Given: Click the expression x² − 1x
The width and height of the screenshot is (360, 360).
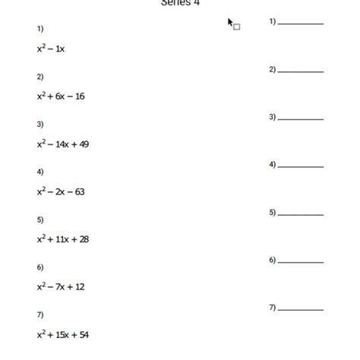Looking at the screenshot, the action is [x=51, y=49].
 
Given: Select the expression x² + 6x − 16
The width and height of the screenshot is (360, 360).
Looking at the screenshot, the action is [x=61, y=96].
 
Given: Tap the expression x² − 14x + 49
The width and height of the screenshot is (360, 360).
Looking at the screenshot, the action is [x=63, y=144].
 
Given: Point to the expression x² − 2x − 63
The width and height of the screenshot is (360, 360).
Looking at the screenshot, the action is [x=61, y=191].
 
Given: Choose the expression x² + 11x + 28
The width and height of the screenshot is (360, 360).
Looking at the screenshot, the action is [x=63, y=238].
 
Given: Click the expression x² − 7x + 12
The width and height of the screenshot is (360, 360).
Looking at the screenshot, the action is [x=61, y=286].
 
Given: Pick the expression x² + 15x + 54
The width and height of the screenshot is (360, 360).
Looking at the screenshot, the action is [x=63, y=334].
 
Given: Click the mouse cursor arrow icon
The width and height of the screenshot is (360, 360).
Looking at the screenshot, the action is [x=230, y=22].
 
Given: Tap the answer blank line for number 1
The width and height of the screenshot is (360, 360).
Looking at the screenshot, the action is [x=301, y=24].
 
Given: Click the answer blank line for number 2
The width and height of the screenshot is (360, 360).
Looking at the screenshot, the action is [x=301, y=71].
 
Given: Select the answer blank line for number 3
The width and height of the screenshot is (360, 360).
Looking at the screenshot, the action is [x=301, y=119].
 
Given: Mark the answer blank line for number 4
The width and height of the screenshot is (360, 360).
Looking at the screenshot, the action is [x=301, y=166].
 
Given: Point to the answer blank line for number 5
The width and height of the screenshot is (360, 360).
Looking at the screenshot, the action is [x=301, y=214].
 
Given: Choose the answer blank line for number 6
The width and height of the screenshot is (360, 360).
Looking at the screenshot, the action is [x=301, y=262].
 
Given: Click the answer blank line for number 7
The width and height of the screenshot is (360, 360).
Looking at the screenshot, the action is [x=301, y=309].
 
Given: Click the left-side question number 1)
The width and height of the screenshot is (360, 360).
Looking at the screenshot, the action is [x=39, y=29].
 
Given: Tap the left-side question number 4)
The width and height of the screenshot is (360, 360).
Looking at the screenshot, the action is [x=39, y=172].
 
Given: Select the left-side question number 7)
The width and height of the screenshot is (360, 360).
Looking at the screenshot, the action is [x=39, y=314].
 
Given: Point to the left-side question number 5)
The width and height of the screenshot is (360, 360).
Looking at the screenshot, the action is [x=39, y=219].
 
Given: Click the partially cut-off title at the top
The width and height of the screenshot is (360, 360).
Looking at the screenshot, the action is [x=180, y=3].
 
